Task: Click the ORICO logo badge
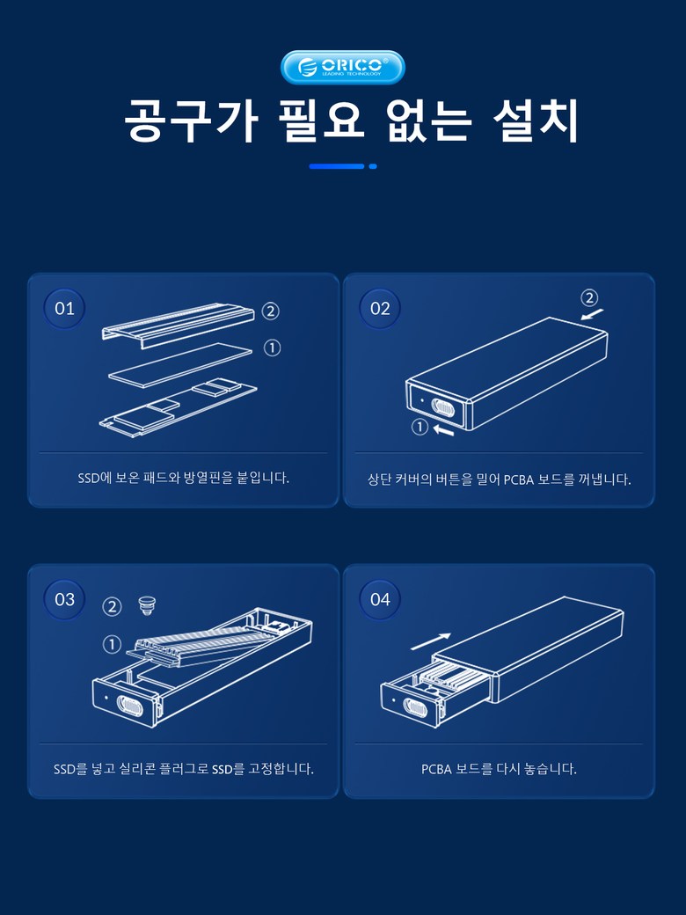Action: tap(342, 67)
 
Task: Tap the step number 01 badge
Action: tap(64, 308)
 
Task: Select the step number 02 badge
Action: tap(380, 308)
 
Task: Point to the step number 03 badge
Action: tap(64, 599)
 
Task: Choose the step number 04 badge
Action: tap(380, 599)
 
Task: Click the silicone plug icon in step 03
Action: tap(145, 605)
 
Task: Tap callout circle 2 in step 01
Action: tap(270, 311)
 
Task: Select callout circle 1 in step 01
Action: tap(272, 348)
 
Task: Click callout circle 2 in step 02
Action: tap(589, 298)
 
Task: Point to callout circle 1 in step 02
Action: tap(420, 428)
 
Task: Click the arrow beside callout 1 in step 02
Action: tap(444, 430)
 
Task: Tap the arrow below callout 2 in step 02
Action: tap(592, 314)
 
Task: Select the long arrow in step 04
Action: tap(431, 641)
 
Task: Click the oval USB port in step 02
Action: tap(443, 406)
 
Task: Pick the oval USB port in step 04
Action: tap(416, 706)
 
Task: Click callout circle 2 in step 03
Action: tap(112, 607)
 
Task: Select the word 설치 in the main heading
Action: tap(536, 121)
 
